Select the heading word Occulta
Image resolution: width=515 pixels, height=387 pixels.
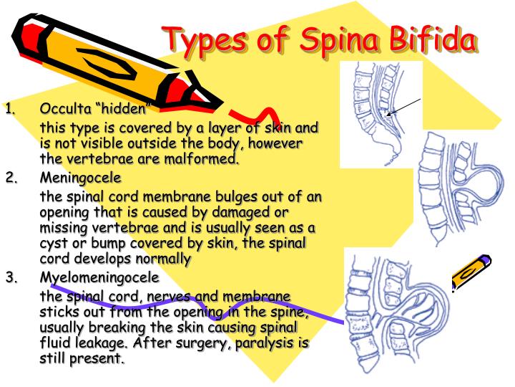click(65, 108)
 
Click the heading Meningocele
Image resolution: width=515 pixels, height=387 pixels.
click(80, 178)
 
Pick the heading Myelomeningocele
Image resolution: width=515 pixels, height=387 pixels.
click(99, 278)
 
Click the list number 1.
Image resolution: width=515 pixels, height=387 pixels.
click(10, 109)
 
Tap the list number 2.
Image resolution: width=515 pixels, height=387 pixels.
click(11, 178)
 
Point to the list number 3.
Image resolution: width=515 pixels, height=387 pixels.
click(11, 278)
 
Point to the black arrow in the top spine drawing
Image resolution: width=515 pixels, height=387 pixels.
click(403, 107)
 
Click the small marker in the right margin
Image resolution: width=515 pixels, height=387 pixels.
click(471, 272)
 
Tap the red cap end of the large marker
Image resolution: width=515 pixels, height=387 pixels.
click(28, 37)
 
